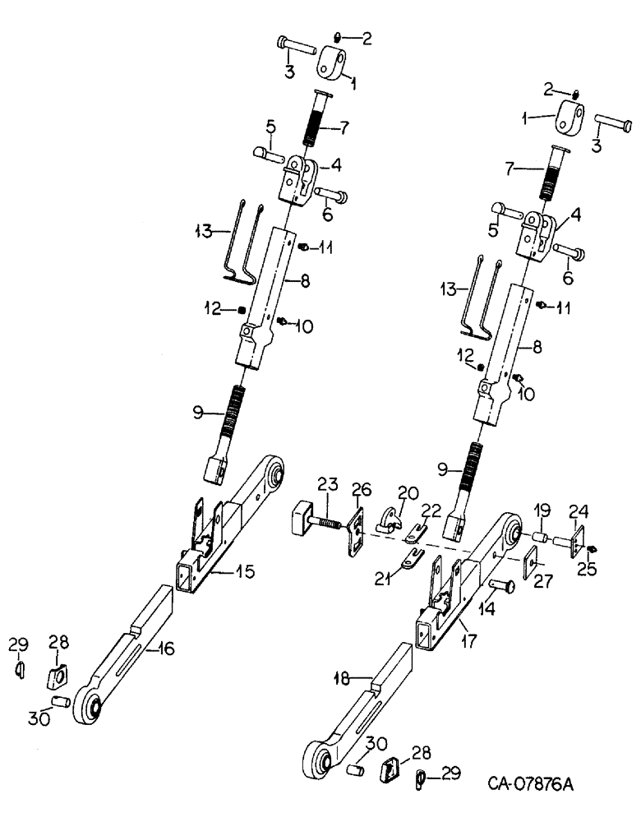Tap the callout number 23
point(327,486)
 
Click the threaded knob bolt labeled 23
point(311,520)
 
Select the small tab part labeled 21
point(407,561)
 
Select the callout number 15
point(243,570)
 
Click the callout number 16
point(166,649)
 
